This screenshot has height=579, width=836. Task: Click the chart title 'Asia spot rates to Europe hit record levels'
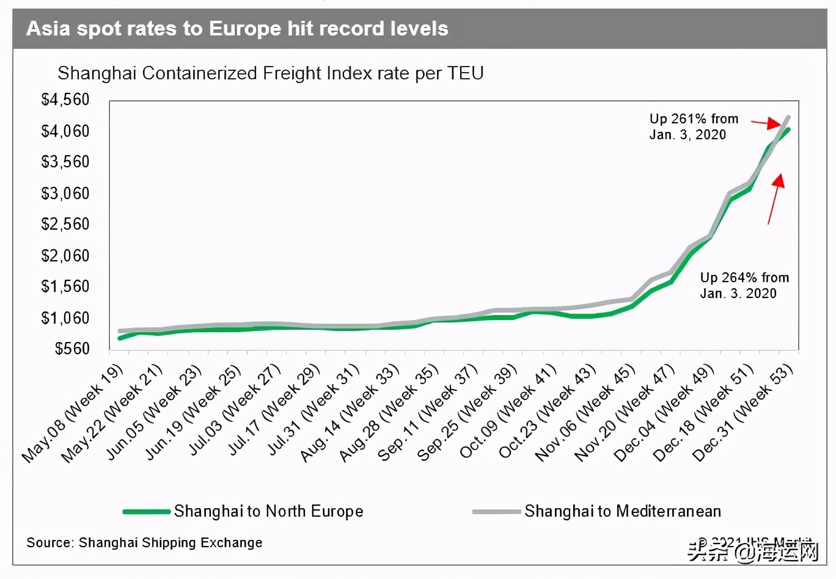237,29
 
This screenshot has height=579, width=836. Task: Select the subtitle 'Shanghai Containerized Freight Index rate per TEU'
270,73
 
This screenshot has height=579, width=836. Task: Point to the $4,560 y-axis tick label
65,100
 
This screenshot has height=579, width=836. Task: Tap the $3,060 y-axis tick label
65,194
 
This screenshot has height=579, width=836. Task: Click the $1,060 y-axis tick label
65,318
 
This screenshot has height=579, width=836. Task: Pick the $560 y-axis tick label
72,349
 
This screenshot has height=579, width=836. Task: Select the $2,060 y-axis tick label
65,256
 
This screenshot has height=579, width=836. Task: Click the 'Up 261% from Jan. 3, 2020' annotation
693,126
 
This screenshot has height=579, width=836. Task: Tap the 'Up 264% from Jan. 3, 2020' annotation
744,285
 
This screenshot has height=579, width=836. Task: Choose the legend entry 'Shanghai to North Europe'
268,511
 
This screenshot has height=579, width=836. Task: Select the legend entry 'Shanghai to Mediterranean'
622,511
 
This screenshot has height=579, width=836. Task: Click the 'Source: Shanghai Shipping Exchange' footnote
144,542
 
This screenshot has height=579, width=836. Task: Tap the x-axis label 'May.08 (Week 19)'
73,413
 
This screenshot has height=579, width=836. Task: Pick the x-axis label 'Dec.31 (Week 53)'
743,412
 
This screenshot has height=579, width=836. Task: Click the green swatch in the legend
147,511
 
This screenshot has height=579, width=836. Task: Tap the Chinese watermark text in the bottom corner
752,551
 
